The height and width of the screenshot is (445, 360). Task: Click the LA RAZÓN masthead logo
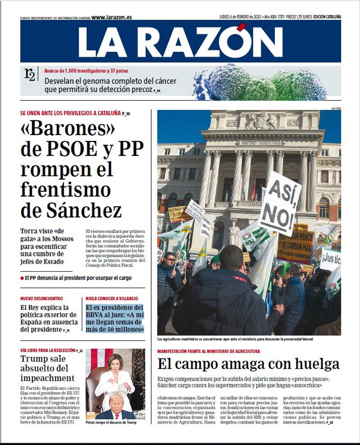coord(180,41)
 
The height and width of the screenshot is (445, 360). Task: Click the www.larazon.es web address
coord(112,18)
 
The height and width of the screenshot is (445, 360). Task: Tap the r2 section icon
coord(30,75)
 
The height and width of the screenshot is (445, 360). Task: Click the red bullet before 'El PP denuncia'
coord(22,278)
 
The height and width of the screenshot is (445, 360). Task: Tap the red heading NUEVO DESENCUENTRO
coord(42,299)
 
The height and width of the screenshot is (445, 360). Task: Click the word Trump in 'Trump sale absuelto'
coord(36,359)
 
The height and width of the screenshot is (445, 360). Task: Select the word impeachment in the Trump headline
coord(47,378)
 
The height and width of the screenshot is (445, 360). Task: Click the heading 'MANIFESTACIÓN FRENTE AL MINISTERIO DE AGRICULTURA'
coord(208,351)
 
